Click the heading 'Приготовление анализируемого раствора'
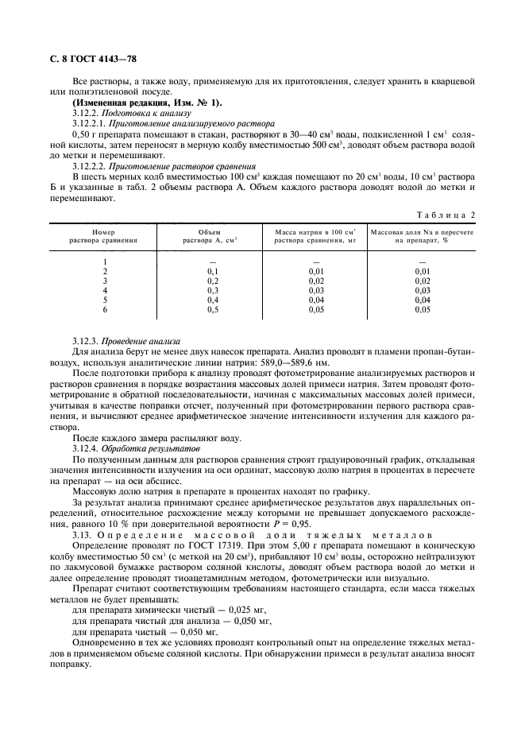pyautogui.click(x=192, y=125)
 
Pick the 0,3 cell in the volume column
pyautogui.click(x=212, y=291)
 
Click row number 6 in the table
pyautogui.click(x=104, y=310)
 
